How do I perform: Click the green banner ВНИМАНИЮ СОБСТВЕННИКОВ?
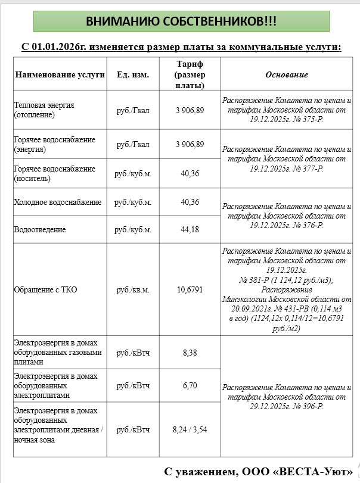pyautogui.click(x=181, y=21)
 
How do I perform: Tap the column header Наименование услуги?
pyautogui.click(x=60, y=75)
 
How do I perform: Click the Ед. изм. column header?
pyautogui.click(x=133, y=75)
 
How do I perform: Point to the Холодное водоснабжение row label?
pyautogui.click(x=58, y=202)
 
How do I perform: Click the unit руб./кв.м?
pyautogui.click(x=133, y=290)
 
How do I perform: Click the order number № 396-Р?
pyautogui.click(x=306, y=406)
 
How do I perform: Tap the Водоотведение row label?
pyautogui.click(x=40, y=230)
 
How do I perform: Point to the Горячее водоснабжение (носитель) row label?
pyautogui.click(x=54, y=174)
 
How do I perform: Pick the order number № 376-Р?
pyautogui.click(x=306, y=226)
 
